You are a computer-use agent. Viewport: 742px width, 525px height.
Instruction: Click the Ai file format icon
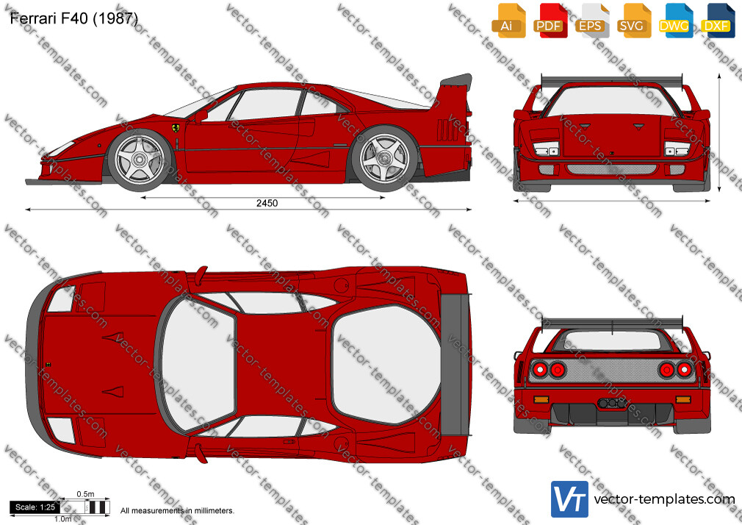508,21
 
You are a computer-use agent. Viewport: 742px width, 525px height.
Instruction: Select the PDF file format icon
550,21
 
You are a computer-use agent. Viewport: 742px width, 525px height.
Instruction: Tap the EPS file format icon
591,21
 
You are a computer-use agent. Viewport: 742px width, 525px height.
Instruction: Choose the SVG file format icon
633,21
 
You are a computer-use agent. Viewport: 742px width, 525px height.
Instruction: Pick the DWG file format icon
675,21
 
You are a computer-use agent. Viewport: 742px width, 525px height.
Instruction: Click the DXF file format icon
716,21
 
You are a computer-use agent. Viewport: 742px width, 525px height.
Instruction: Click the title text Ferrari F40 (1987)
73,18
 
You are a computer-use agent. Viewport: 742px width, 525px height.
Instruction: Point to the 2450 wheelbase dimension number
267,203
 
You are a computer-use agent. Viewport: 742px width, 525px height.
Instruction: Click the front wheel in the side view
140,160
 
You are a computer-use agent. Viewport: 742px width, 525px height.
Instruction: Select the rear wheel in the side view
384,158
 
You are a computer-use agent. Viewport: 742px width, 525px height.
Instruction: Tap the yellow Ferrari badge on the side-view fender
176,129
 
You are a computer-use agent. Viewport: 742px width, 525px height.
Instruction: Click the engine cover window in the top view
386,364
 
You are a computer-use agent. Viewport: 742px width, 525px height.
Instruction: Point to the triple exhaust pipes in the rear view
612,403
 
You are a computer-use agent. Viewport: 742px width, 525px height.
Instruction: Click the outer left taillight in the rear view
540,370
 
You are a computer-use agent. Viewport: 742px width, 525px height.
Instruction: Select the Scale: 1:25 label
35,507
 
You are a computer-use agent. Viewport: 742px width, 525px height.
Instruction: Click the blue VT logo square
569,499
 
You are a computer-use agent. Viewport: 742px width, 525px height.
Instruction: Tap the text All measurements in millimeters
177,511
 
